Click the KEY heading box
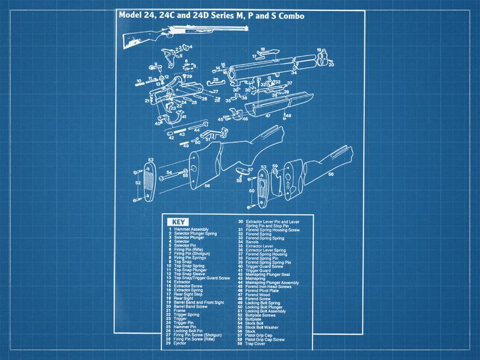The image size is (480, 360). pos(177,222)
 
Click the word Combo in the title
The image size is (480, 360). pos(291,16)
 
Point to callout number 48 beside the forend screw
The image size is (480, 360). pos(288,116)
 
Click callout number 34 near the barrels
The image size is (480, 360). pos(294,73)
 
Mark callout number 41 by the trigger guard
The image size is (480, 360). pos(183,117)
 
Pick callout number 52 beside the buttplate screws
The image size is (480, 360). pos(138,183)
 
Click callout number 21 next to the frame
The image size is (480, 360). pos(146,101)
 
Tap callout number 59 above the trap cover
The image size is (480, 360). pos(275,166)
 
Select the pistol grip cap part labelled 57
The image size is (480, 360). pos(242,172)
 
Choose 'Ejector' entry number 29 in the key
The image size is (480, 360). pos(180,343)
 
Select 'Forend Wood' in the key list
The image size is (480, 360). pos(258,295)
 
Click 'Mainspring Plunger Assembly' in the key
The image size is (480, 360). pos(272,283)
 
